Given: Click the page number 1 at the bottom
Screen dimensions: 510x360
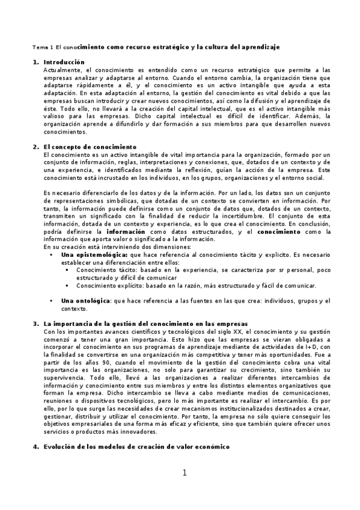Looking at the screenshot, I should tap(185, 473).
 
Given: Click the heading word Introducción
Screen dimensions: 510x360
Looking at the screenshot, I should tap(64, 63).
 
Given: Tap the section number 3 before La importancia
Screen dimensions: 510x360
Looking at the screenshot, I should tap(35, 324).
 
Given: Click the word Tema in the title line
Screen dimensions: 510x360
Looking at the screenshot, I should tap(38, 47).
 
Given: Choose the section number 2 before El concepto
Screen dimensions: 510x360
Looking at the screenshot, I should tap(35, 147).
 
